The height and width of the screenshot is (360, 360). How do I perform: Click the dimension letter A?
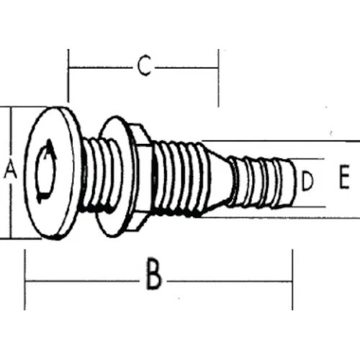coord(9,171)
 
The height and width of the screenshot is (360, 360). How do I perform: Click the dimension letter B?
coord(153,276)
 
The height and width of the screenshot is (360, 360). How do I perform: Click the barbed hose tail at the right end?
coord(266,181)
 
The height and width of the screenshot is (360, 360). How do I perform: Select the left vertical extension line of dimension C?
coord(68,76)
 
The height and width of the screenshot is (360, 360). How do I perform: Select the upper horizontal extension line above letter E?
coord(288,140)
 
